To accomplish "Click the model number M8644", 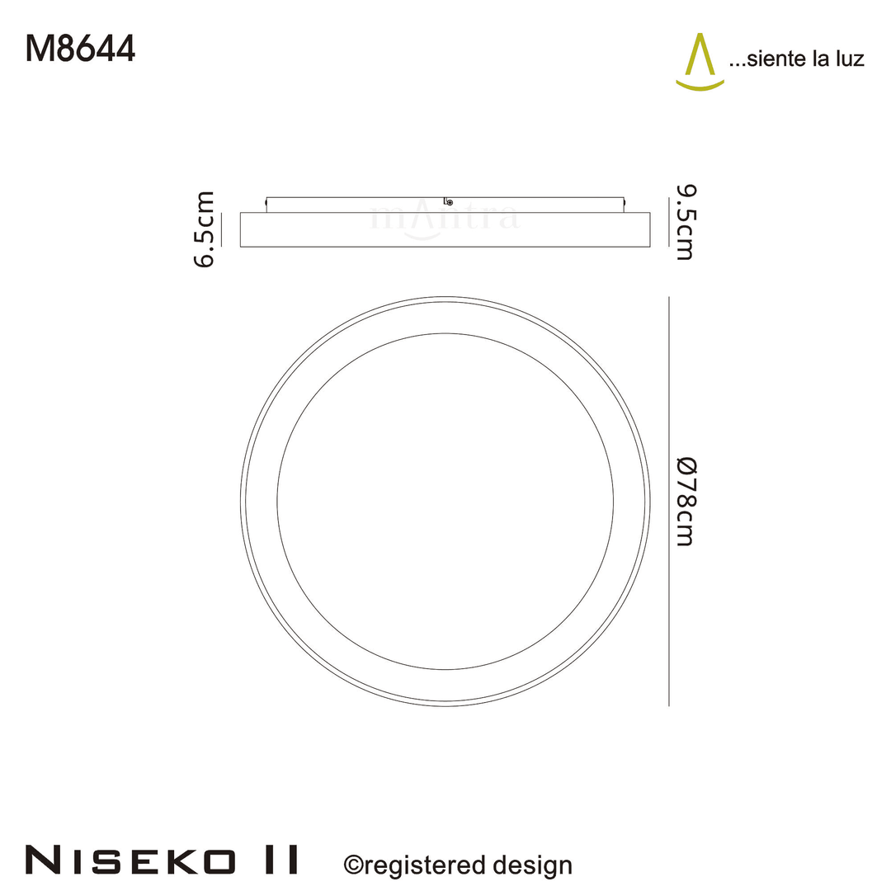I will click(80, 49).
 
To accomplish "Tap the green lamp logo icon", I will click(700, 62).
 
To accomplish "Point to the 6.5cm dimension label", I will click(204, 229).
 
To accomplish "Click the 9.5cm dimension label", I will click(685, 223).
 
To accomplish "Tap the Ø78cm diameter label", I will click(685, 501).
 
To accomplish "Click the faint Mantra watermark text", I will click(445, 219).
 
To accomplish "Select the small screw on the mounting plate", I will click(448, 201).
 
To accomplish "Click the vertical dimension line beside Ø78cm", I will click(667, 501).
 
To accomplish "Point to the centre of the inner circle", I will click(445, 501).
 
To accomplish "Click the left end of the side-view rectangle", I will click(241, 229).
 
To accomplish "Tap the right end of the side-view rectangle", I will click(649, 229).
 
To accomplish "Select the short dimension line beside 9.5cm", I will click(667, 221).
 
